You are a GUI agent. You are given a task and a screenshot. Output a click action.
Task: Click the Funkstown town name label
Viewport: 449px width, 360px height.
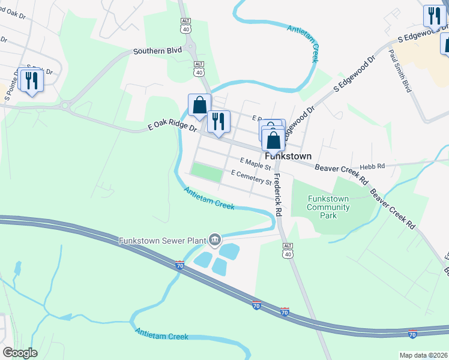(x=288, y=156)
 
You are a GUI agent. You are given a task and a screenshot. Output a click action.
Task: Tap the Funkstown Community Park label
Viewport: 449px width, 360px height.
(x=328, y=208)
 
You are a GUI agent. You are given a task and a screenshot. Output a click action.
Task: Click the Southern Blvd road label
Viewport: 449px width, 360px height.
(x=157, y=51)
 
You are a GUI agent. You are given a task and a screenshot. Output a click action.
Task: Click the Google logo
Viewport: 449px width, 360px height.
(x=20, y=353)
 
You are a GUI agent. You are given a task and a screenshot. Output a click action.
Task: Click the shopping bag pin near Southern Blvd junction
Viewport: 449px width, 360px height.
(x=199, y=105)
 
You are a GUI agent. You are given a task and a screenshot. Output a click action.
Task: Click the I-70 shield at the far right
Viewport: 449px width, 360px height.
(x=412, y=334)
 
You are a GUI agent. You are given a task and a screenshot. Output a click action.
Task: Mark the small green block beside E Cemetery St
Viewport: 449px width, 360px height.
(x=206, y=171)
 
